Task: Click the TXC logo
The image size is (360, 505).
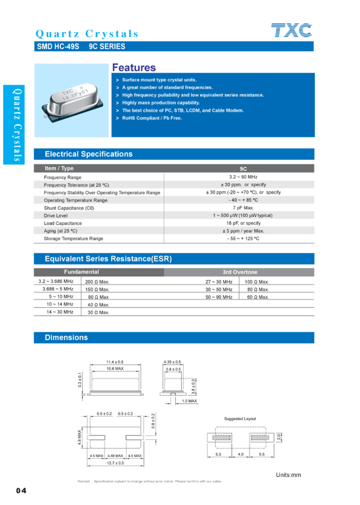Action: pos(291,31)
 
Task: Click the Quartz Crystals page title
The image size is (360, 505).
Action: pos(87,33)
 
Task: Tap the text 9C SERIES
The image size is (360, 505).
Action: pos(107,46)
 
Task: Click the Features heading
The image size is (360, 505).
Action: pos(134,68)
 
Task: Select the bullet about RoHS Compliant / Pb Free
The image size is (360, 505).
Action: pos(152,118)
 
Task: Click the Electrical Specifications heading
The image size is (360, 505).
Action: pos(89,154)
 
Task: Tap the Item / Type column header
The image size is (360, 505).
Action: pos(59,168)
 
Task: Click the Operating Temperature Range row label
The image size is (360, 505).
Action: pos(75,200)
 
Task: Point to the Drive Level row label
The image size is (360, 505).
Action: pos(57,215)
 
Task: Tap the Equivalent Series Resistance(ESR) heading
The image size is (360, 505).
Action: pos(108,258)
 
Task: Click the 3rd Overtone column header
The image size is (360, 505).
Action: pos(240,272)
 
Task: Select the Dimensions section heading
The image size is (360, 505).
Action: pos(66,337)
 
